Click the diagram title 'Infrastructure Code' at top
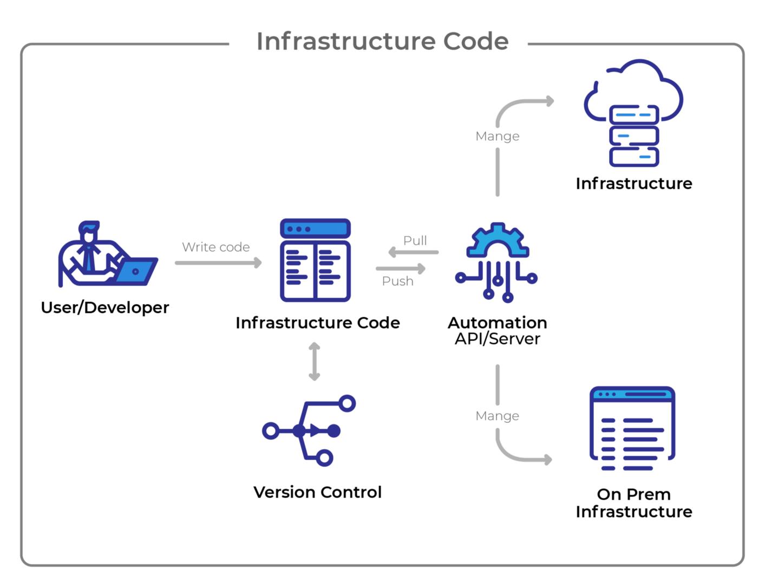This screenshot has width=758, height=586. tap(382, 41)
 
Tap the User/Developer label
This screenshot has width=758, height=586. tap(105, 307)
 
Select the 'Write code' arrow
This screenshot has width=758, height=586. tap(218, 263)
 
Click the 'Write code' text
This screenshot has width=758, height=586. tap(215, 247)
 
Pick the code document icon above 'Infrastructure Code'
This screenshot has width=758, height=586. tap(315, 260)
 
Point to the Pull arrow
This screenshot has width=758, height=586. tap(414, 252)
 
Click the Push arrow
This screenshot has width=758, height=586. tap(401, 268)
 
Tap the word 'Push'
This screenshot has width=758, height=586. tap(397, 281)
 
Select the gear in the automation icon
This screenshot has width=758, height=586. tap(497, 241)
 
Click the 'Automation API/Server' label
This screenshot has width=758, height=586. tap(497, 330)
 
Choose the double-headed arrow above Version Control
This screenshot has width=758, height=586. tap(314, 362)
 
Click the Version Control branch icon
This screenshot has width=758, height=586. tap(309, 430)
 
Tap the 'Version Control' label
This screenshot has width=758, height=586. tap(317, 492)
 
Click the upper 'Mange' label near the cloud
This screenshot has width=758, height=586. tap(497, 136)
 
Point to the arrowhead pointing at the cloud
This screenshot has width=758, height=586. tap(550, 101)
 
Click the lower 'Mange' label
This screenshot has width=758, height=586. tap(497, 416)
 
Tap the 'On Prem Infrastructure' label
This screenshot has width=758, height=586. tap(633, 503)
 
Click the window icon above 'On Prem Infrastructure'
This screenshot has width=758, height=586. tap(632, 428)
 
